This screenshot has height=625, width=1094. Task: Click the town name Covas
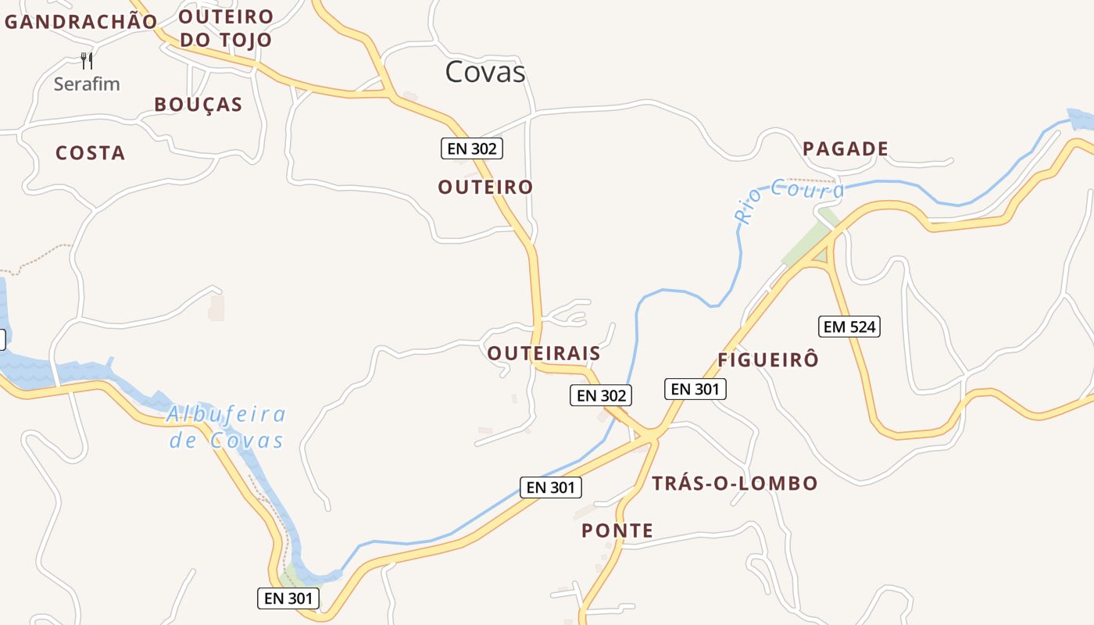485,72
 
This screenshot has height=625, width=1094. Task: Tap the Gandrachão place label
81,22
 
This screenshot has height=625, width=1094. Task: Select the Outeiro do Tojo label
226,28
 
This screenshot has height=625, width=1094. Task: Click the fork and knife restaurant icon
87,60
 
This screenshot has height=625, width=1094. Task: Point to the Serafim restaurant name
87,84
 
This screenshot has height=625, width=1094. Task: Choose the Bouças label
198,105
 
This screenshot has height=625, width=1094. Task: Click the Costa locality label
91,153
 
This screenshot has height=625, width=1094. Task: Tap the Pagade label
846,148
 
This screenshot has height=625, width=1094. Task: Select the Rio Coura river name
789,196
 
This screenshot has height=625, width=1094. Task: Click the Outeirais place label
544,353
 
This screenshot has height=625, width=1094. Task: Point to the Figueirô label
768,359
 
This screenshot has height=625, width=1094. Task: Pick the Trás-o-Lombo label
735,483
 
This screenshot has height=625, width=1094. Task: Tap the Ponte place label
617,531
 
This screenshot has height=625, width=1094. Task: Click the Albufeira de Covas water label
227,427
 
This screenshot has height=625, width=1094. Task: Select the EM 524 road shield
849,327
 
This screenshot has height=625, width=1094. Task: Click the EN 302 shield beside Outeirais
600,395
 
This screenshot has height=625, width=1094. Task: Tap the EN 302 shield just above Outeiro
471,148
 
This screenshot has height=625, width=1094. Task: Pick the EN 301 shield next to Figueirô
695,388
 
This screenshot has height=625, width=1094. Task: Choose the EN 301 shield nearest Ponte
551,487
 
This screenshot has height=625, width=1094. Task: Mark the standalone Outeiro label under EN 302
485,187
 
